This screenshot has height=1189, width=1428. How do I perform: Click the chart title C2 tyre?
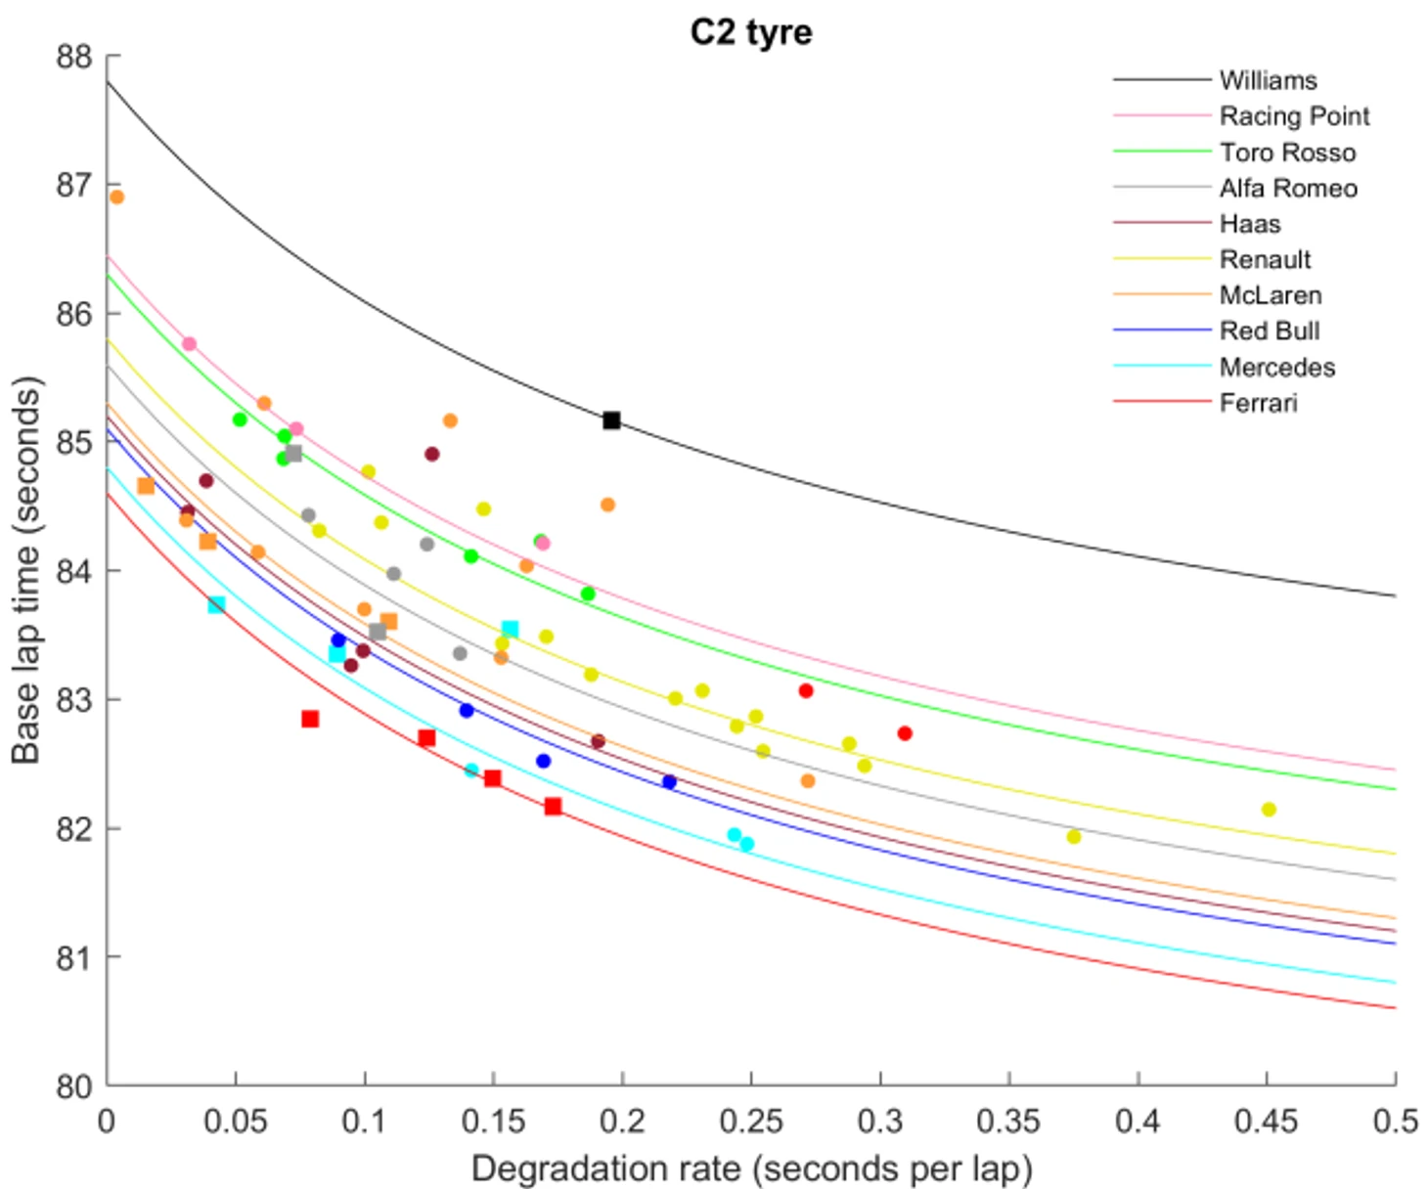click(x=750, y=32)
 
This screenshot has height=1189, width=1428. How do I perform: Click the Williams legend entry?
click(x=1268, y=80)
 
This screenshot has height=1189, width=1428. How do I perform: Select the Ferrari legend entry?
click(x=1258, y=403)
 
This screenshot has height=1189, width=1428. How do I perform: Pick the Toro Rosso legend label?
click(x=1287, y=153)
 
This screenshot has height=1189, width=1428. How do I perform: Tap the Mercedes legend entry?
click(x=1276, y=368)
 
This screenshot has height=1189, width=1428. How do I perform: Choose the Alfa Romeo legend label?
click(x=1288, y=188)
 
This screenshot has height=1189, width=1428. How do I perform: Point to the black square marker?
click(x=611, y=420)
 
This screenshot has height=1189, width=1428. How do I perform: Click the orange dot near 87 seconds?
click(x=116, y=197)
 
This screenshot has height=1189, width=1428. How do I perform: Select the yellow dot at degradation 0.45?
click(x=1269, y=810)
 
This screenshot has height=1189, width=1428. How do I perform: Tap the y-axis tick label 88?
click(x=74, y=57)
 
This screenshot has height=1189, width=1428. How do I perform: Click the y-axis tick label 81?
click(x=74, y=957)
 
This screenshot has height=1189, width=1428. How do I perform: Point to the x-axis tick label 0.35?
click(x=1008, y=1121)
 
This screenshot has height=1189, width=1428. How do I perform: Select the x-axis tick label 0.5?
click(x=1395, y=1121)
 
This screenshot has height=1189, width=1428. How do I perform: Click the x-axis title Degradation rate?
click(x=751, y=1168)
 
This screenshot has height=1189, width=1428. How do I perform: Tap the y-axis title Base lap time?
click(x=26, y=570)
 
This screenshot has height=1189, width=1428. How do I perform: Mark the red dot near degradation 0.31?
click(x=905, y=733)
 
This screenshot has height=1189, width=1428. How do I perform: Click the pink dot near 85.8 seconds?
click(x=190, y=344)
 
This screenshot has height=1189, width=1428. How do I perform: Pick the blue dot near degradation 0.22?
click(x=669, y=782)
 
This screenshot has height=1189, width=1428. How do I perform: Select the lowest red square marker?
click(x=553, y=807)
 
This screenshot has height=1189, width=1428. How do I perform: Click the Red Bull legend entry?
click(x=1269, y=331)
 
